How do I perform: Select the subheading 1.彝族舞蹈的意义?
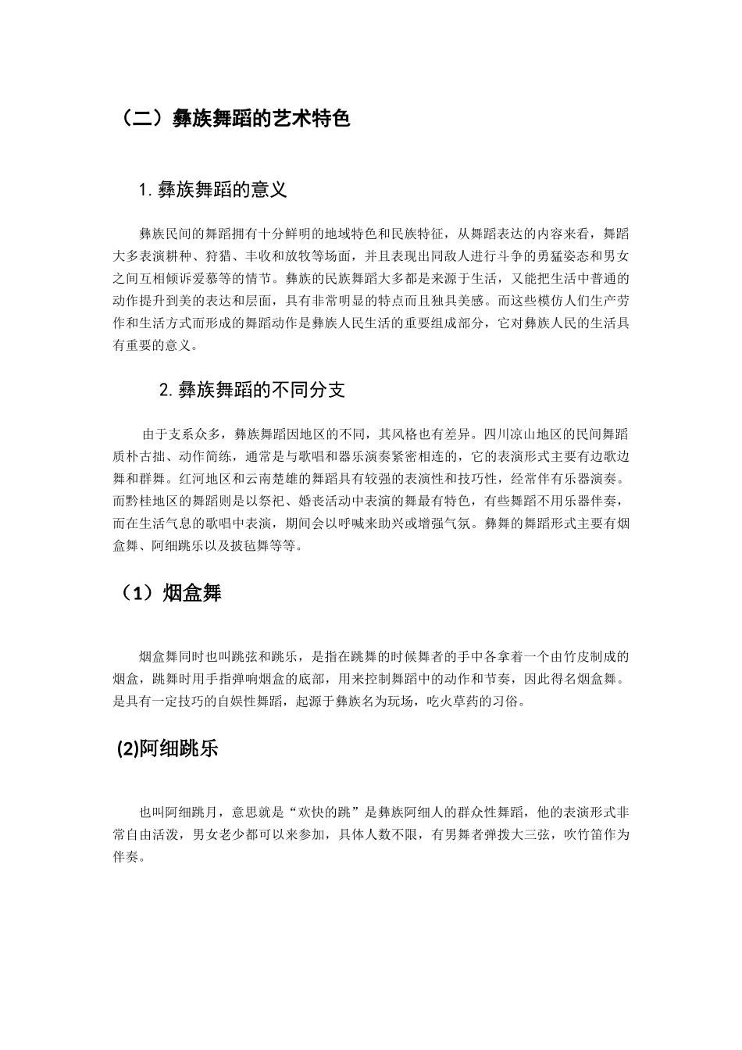212,190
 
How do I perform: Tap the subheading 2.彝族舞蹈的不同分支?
251,390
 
